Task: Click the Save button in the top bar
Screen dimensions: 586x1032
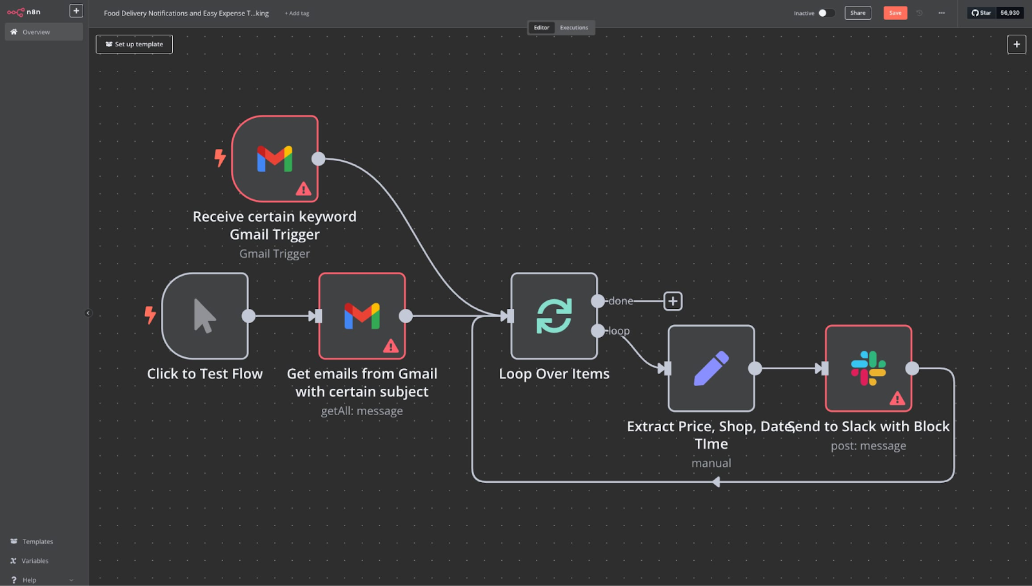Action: coord(895,13)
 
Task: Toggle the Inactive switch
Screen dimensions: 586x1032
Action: coord(826,13)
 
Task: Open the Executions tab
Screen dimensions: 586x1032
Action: coord(573,28)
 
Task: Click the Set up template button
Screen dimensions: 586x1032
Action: coord(134,44)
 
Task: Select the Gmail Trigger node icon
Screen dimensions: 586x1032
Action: coord(275,159)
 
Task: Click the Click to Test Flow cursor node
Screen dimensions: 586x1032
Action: coord(205,316)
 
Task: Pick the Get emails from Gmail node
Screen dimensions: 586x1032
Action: coord(362,316)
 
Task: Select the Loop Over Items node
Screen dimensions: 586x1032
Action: coord(554,316)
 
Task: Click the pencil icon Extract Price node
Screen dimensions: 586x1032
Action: coord(711,368)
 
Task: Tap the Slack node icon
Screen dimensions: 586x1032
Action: coord(868,368)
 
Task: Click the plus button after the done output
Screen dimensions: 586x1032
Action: coord(673,301)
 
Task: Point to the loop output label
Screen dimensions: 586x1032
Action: coord(619,331)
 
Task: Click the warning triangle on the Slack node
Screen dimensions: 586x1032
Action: coord(897,398)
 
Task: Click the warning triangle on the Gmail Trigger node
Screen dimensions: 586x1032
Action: coord(303,189)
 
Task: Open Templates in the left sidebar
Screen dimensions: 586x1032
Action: coord(37,542)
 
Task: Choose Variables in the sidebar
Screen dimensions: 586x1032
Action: coord(35,561)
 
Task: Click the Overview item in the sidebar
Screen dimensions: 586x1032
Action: coord(36,32)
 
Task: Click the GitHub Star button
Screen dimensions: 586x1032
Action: coord(982,13)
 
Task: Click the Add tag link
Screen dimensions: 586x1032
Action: coord(297,14)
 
